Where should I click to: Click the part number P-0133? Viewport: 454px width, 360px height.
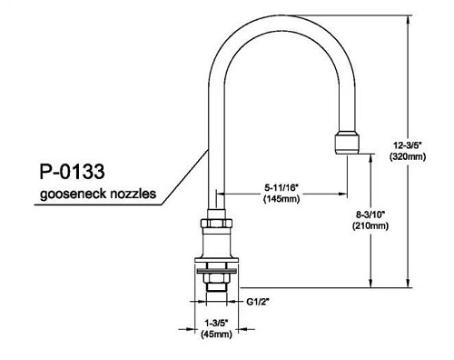72,172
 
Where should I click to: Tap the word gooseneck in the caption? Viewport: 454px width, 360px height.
73,194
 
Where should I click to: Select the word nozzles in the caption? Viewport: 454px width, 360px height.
133,194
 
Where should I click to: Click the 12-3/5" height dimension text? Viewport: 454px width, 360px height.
408,145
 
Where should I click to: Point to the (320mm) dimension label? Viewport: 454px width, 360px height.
408,156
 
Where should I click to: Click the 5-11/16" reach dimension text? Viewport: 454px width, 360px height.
281,188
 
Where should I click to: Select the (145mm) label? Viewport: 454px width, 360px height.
281,199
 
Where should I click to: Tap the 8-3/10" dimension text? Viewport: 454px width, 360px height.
370,215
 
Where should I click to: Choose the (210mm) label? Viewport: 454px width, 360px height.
370,226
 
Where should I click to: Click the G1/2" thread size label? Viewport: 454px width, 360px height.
258,302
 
